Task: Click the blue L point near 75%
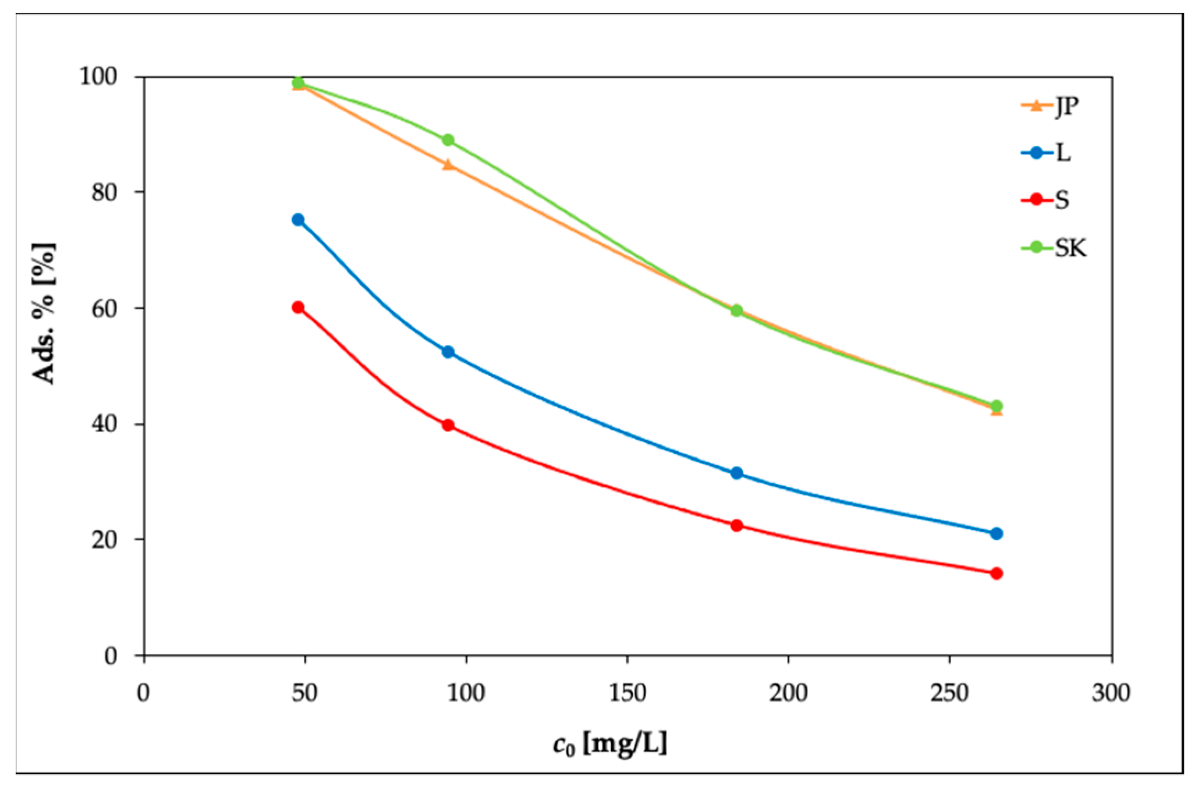click(x=298, y=220)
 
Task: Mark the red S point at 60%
click(x=298, y=307)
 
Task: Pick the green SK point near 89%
click(x=448, y=140)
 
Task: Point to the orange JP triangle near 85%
click(x=448, y=165)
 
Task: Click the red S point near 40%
click(x=448, y=425)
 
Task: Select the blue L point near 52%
click(x=448, y=352)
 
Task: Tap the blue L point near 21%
click(x=996, y=533)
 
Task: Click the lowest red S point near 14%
click(x=996, y=574)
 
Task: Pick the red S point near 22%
click(x=737, y=526)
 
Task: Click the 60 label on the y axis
click(x=104, y=308)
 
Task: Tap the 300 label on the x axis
click(x=1111, y=693)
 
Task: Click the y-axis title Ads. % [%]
click(x=44, y=312)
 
